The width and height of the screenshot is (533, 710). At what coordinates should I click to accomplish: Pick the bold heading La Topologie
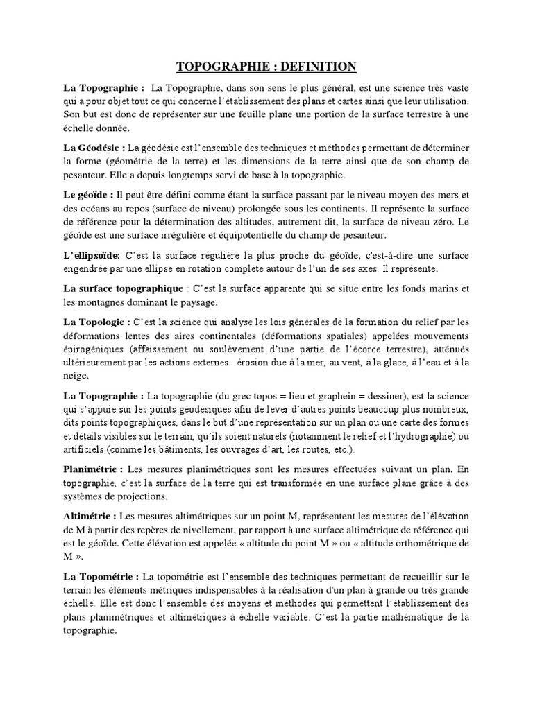[x=96, y=322]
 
